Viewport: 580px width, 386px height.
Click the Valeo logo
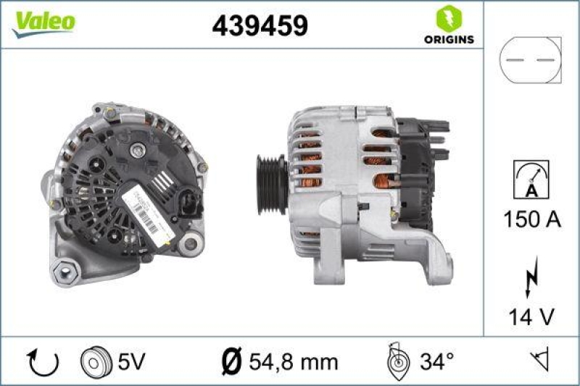(x=43, y=22)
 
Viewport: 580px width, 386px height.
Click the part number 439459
(x=260, y=26)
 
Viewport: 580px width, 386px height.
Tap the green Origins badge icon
(x=449, y=17)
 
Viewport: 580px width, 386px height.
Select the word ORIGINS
(x=449, y=39)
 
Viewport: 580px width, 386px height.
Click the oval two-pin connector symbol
(x=531, y=62)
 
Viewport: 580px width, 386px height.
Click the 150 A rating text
(x=531, y=219)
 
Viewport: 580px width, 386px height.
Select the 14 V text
(x=531, y=316)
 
